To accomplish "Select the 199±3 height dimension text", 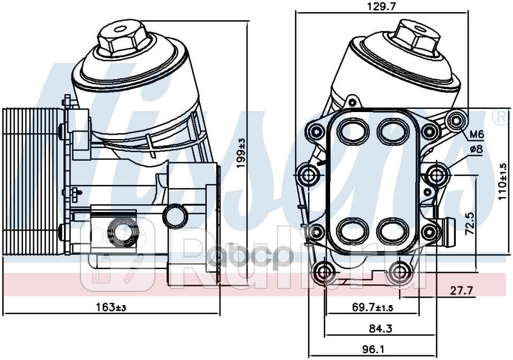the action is [241, 153].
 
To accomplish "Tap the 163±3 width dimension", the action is [111, 307].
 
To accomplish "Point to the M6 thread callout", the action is [477, 134].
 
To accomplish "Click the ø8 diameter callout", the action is [477, 150].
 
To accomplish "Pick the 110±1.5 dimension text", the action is [503, 183].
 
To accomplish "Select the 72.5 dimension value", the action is [470, 223].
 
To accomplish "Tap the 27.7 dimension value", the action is [462, 291].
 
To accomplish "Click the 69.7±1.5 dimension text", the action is [372, 307].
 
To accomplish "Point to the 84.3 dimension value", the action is [380, 328].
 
